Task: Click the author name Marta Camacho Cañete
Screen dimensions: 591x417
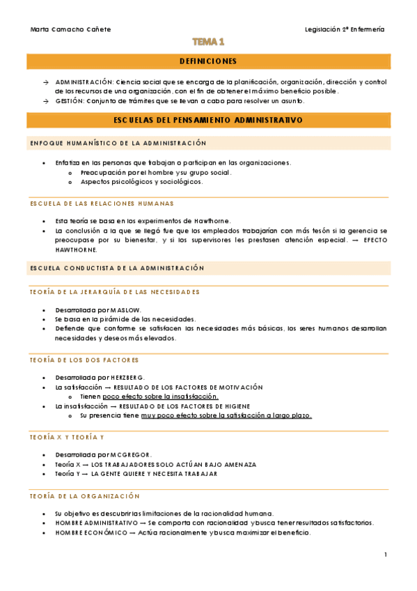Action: (x=71, y=29)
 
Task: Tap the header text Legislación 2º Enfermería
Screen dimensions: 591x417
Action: (x=345, y=29)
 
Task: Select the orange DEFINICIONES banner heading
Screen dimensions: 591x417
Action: (x=208, y=61)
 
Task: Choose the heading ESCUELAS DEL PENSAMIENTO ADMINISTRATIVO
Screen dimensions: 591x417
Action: (x=208, y=120)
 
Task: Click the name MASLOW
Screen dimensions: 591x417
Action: (x=125, y=309)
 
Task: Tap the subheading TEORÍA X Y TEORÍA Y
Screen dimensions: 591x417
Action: (x=67, y=437)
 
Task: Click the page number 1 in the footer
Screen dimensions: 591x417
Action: (x=385, y=555)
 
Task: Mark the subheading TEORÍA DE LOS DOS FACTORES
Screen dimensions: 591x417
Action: (x=84, y=360)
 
